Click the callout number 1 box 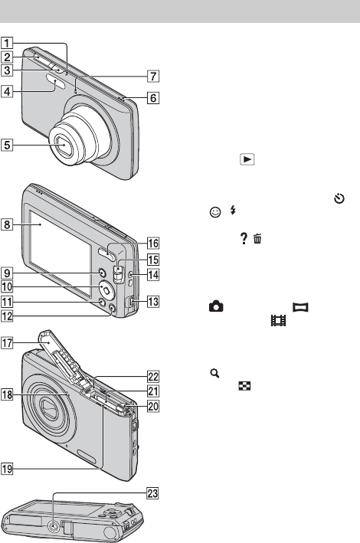click(x=7, y=44)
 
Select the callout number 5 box click(x=7, y=145)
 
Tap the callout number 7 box click(x=152, y=76)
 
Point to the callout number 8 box click(x=7, y=224)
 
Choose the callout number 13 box click(x=152, y=302)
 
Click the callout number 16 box click(x=152, y=243)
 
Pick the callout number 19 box click(x=7, y=469)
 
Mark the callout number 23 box click(x=152, y=493)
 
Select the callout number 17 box click(x=7, y=343)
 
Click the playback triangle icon click(x=247, y=159)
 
